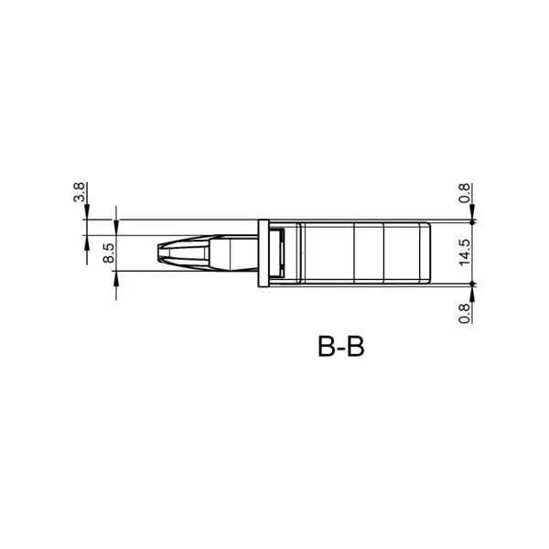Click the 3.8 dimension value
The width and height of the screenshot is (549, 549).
(x=79, y=192)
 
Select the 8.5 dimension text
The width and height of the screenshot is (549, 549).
(x=109, y=253)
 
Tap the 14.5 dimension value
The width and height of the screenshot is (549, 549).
(x=465, y=253)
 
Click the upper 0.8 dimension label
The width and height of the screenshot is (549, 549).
(x=465, y=193)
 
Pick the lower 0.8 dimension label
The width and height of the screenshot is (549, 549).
(x=465, y=313)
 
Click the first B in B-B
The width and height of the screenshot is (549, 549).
(x=327, y=346)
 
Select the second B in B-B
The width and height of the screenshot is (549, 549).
(x=355, y=346)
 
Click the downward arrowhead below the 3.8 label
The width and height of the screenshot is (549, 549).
(x=87, y=212)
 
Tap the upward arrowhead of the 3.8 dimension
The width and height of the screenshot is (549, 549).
(x=87, y=243)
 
